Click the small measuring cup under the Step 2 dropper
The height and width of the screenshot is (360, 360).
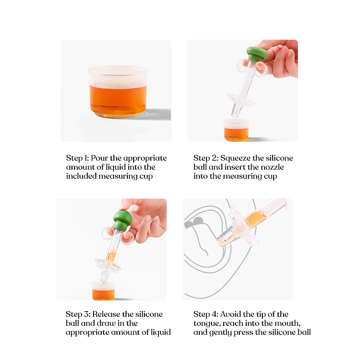click(236, 130)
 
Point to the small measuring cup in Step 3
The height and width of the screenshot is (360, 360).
click(104, 291)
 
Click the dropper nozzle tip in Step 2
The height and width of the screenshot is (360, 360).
click(234, 116)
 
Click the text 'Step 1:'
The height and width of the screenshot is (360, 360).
click(77, 158)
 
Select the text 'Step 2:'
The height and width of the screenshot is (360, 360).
click(206, 158)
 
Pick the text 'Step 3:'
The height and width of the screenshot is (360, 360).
click(78, 314)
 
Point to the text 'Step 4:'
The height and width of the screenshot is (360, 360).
click(206, 314)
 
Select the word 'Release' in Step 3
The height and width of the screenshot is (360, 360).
click(106, 314)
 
